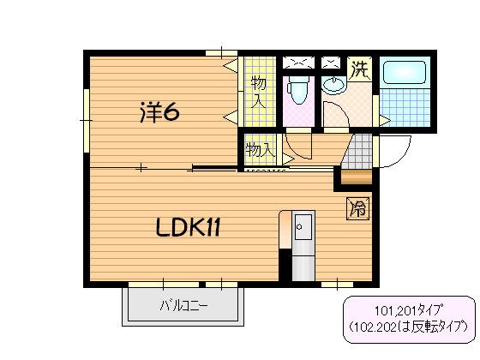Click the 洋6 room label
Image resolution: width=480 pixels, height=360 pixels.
[159, 111]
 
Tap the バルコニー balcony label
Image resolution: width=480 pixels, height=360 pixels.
[183, 306]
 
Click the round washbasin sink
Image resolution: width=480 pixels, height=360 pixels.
[333, 86]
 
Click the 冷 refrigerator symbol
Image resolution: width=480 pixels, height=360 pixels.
[358, 207]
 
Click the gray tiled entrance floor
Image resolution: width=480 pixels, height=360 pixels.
[361, 151]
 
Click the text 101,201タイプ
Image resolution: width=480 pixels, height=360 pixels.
[407, 311]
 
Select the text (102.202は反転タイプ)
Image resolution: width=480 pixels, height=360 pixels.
[407, 327]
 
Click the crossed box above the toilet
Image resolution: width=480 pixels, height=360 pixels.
[297, 62]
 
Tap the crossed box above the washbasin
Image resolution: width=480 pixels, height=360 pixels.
[331, 62]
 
